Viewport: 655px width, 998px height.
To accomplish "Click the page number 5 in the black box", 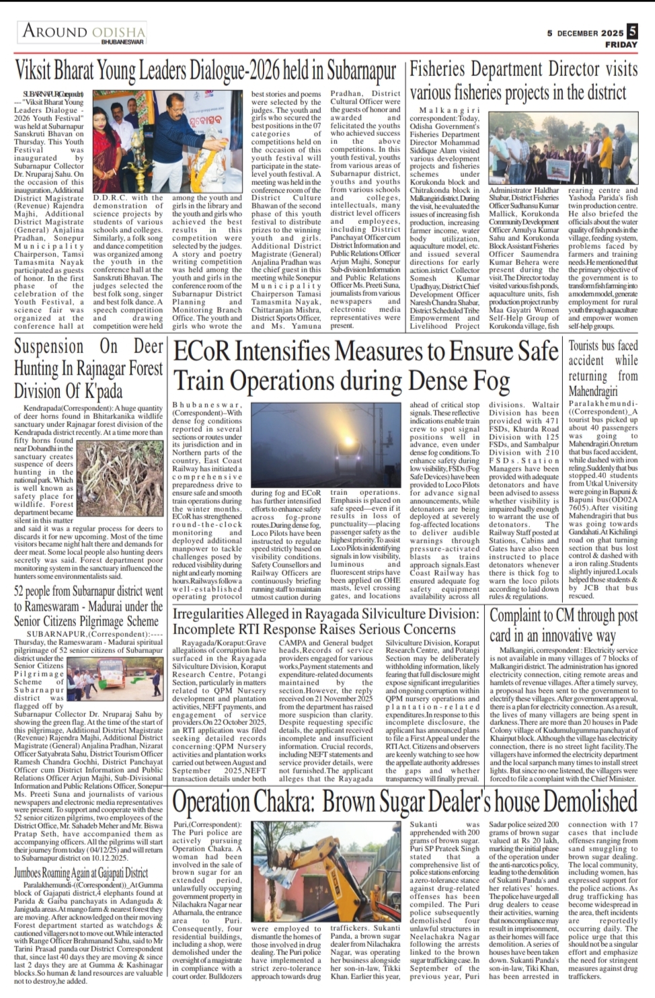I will [x=631, y=31].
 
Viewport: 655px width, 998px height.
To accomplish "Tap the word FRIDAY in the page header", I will [x=621, y=44].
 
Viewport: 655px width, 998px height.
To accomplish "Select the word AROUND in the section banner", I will [x=55, y=31].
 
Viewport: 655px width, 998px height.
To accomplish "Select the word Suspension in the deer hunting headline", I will [x=49, y=347].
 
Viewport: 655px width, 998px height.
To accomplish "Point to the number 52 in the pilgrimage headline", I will [x=23, y=592].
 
